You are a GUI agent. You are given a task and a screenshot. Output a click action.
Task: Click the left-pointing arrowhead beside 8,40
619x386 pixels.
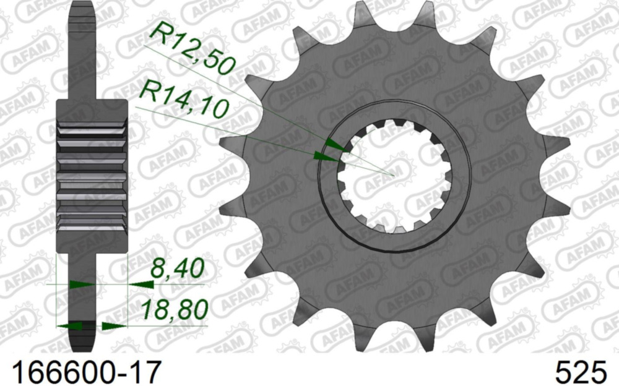[x=137, y=285]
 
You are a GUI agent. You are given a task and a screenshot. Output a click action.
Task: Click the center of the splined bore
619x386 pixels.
[x=394, y=176]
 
